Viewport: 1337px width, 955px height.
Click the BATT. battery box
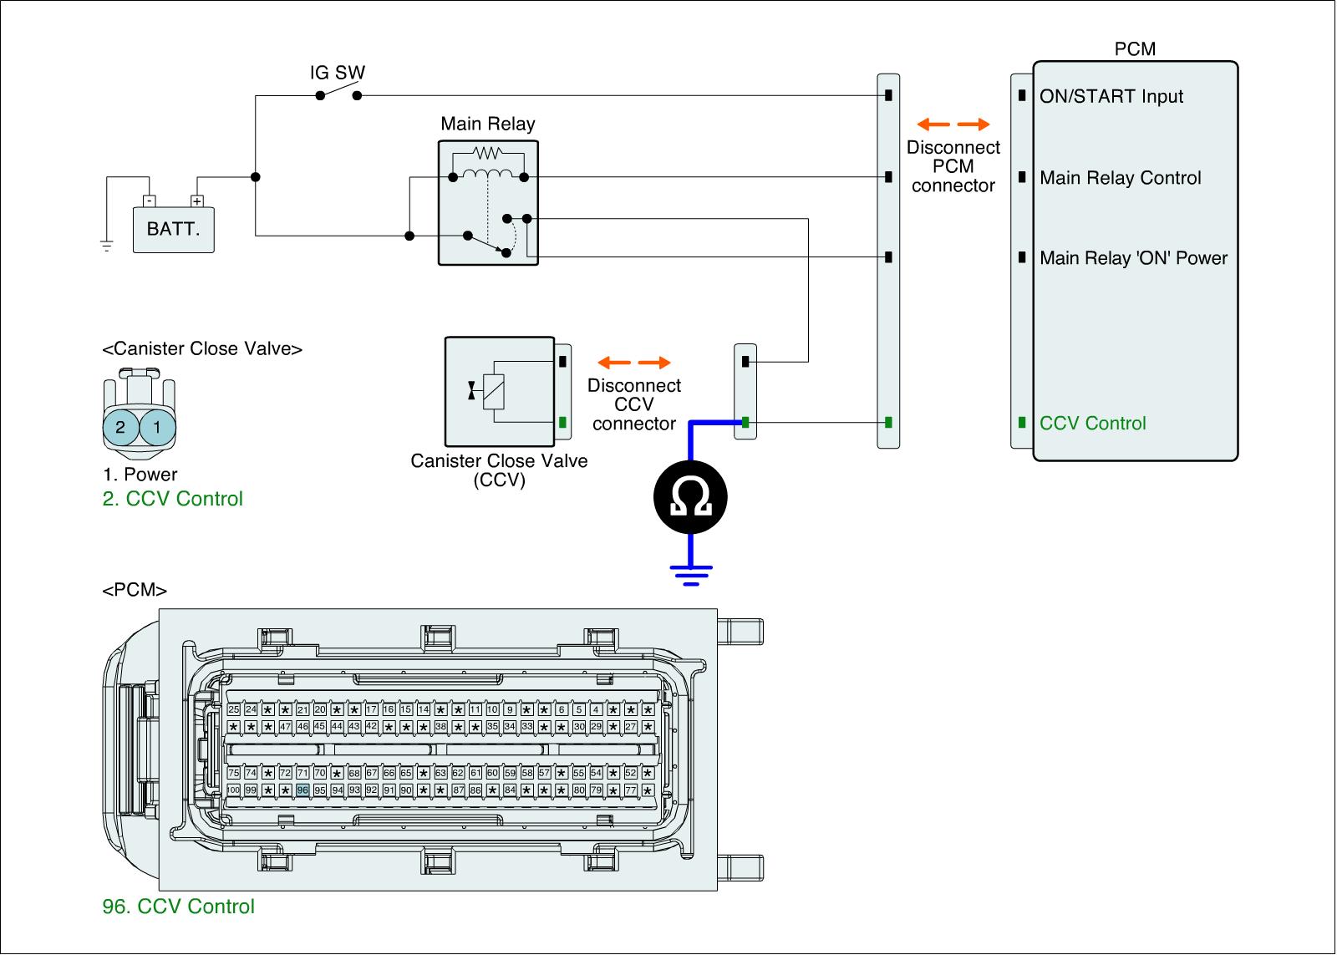coord(174,229)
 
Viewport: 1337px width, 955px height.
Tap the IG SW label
coord(338,73)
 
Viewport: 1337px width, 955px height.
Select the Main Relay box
coord(488,202)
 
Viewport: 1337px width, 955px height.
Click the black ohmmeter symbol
coord(690,497)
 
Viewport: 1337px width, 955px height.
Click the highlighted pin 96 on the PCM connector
coord(302,790)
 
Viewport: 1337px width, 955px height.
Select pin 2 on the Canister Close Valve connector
coord(120,428)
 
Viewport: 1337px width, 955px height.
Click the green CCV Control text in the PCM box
coord(1092,423)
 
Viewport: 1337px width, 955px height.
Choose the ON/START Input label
coord(1111,96)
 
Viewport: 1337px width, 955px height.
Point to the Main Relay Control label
coord(1120,178)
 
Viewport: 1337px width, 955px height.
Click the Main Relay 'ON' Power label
coord(1133,257)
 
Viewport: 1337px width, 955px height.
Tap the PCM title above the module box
coord(1135,49)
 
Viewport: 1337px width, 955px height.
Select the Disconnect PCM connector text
coord(953,166)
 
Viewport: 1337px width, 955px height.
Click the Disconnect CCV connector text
coord(634,404)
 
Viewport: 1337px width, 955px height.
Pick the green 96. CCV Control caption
coord(178,907)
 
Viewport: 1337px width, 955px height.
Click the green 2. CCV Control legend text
coord(172,499)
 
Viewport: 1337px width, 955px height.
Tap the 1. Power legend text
coord(140,475)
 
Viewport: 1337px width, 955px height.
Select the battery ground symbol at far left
coord(106,245)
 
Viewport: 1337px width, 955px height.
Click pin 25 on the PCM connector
coord(233,709)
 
